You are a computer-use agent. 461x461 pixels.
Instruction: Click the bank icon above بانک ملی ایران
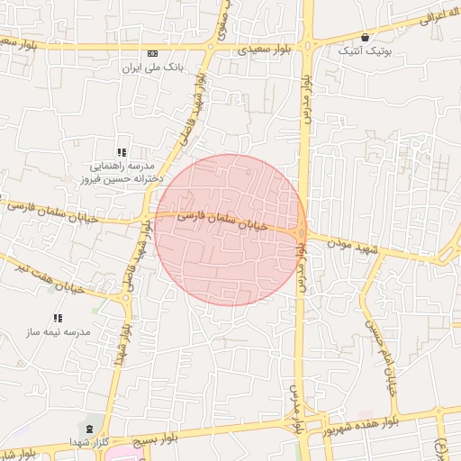pos(152,54)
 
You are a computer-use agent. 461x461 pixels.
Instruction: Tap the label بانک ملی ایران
pos(152,68)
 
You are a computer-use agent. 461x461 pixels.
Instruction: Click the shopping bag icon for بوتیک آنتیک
pos(365,38)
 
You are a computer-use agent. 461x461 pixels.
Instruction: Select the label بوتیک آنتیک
pos(365,51)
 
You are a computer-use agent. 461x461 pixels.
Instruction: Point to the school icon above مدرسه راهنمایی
pos(122,152)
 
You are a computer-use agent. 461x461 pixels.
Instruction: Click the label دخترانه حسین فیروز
pos(121,179)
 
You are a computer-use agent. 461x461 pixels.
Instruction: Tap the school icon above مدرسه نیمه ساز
pos(59,318)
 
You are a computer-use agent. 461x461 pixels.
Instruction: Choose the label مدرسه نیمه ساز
pos(59,332)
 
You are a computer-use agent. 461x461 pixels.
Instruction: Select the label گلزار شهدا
pos(87,442)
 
